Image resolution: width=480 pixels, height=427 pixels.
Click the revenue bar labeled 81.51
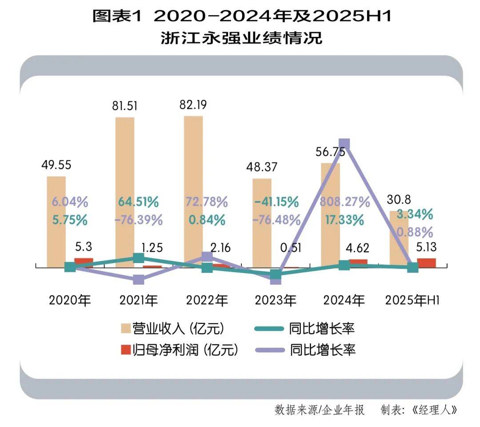click(125, 191)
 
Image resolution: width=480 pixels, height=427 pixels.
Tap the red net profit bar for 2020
click(84, 262)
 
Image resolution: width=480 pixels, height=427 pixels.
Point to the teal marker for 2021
click(139, 258)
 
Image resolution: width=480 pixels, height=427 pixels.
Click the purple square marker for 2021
click(139, 279)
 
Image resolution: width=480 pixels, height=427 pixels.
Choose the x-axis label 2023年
click(276, 300)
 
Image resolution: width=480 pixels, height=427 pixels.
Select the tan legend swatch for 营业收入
click(126, 329)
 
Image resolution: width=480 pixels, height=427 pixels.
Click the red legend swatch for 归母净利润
click(126, 350)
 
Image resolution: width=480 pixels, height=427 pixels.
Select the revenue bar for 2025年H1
click(399, 239)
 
